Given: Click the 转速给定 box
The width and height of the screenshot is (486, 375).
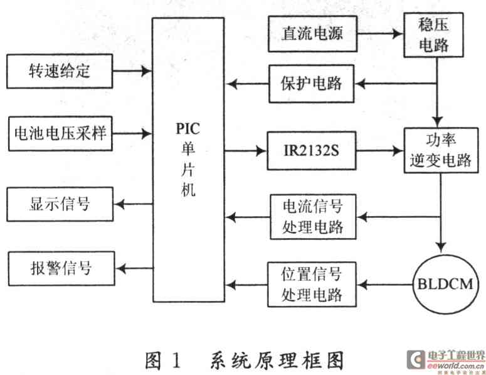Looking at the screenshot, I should [60, 70].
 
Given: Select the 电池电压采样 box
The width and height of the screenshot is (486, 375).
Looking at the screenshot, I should [60, 133].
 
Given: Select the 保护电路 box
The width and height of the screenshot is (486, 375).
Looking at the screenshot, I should [312, 83].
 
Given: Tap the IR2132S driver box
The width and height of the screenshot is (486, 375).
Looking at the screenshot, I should [312, 151].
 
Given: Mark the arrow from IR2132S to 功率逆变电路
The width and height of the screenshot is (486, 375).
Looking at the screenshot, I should [379, 151].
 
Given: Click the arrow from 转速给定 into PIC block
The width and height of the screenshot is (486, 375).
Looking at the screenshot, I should [132, 70].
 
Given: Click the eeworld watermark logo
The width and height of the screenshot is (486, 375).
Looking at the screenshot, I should [445, 360].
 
